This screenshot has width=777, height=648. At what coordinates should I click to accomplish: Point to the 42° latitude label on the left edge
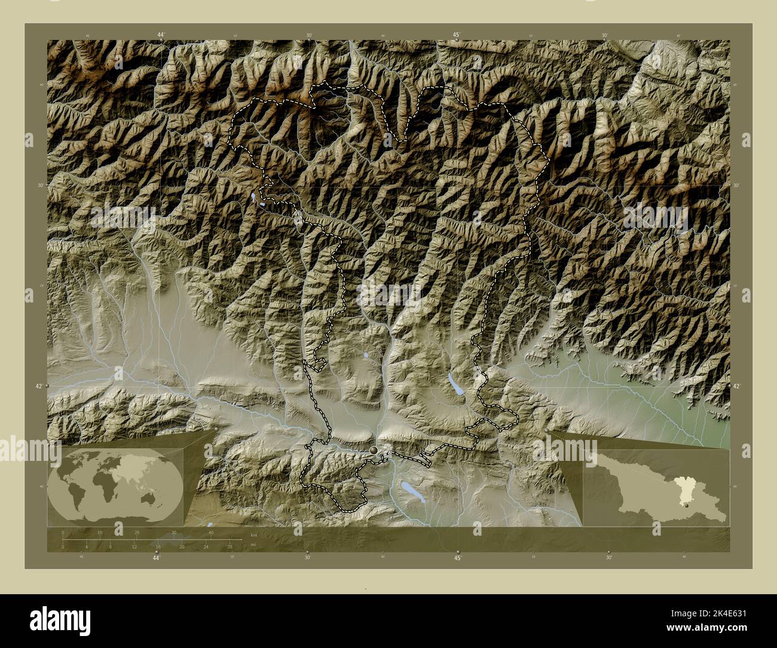38,387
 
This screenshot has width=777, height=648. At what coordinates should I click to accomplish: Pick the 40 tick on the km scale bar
210,532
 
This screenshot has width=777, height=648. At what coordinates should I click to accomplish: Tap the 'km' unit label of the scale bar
253,534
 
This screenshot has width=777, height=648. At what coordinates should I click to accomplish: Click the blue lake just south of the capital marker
410,490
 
